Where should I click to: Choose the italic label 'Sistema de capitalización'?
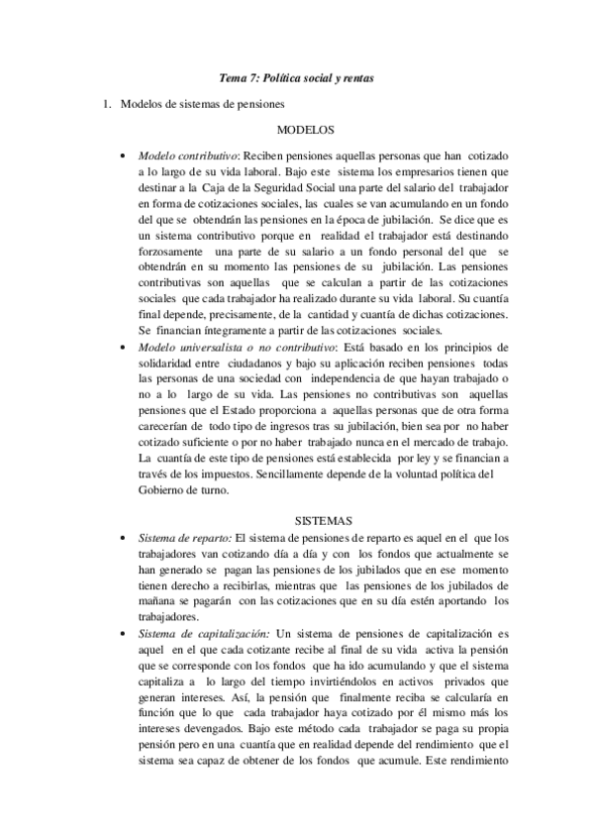tap(203, 631)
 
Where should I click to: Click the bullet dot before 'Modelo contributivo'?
tap(121, 157)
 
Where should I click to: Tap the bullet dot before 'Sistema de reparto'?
tap(121, 539)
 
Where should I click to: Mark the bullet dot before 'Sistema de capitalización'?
tap(121, 632)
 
